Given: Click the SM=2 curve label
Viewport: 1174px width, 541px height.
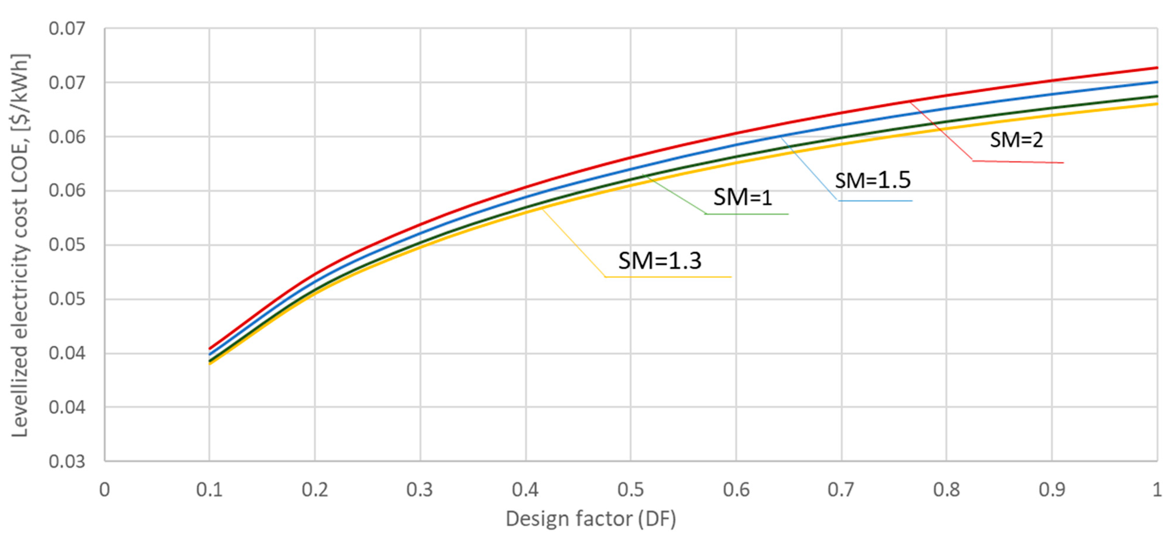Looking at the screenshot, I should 1016,140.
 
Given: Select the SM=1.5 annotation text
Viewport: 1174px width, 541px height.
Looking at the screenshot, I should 873,180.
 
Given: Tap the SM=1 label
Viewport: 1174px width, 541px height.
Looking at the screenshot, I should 743,197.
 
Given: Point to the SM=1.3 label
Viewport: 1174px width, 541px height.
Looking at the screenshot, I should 659,261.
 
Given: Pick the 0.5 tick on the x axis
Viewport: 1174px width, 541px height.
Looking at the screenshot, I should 631,489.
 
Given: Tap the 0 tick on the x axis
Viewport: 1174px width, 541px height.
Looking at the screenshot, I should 105,489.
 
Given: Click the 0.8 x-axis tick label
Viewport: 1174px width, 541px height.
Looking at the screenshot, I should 947,489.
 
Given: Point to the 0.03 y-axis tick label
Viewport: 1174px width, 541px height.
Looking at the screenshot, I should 67,461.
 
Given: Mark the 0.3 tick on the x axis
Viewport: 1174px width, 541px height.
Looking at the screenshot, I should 420,489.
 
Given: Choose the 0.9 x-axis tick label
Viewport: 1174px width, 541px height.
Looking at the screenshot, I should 1052,489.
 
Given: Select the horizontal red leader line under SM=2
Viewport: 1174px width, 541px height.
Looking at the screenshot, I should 1018,162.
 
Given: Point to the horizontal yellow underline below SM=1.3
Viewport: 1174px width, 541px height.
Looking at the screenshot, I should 668,277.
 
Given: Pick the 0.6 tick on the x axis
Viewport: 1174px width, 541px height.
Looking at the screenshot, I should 736,489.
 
